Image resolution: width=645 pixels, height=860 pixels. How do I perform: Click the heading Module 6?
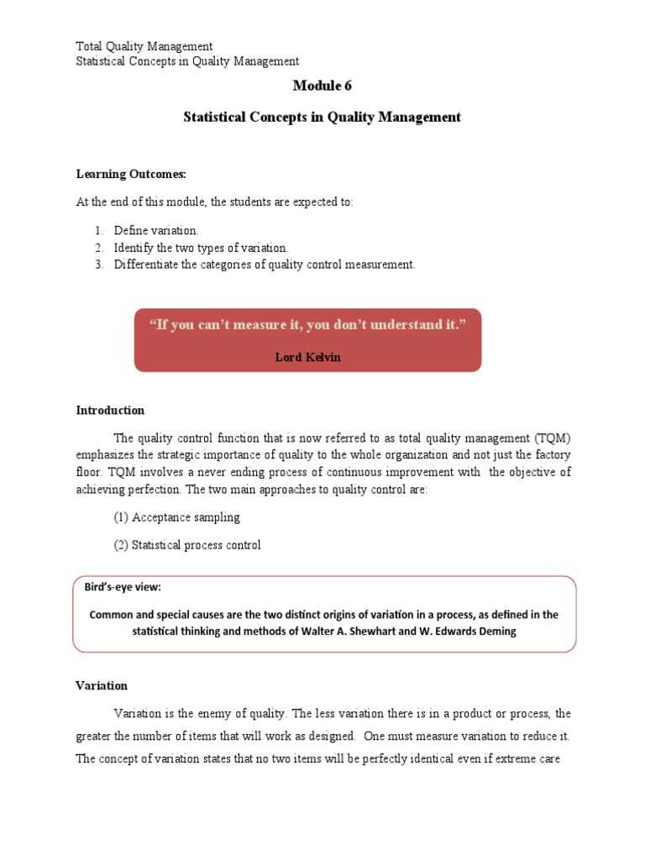(x=322, y=86)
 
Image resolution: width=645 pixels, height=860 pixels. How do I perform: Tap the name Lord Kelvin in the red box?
(x=308, y=357)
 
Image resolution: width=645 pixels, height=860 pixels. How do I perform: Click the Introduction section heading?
(x=110, y=411)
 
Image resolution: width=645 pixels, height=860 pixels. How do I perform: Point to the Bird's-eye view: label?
(x=123, y=586)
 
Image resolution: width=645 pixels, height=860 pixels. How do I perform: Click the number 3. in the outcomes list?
(x=98, y=265)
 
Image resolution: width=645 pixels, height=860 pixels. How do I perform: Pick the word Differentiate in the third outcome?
(x=145, y=265)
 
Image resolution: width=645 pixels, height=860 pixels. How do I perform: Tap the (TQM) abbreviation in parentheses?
(x=551, y=438)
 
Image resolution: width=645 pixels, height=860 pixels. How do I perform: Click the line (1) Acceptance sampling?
(x=176, y=517)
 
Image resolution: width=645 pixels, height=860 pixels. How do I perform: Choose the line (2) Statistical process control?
(x=187, y=545)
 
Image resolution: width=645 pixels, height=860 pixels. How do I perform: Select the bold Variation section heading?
(x=102, y=686)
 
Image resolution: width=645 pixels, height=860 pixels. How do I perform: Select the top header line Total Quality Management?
(x=144, y=46)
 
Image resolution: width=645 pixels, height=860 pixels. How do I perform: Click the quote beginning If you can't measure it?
(x=307, y=325)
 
